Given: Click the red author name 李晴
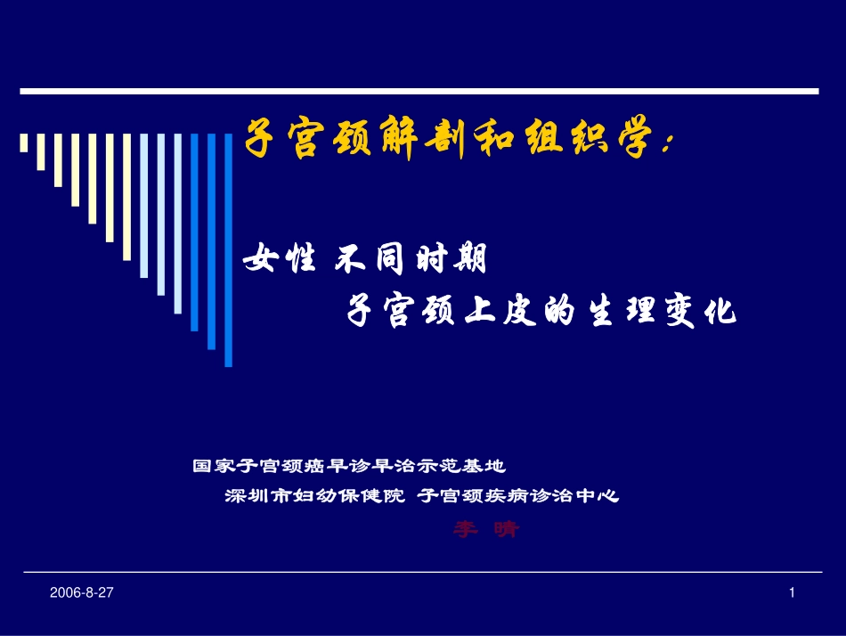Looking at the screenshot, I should (x=485, y=530).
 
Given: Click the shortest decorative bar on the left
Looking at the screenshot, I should (x=24, y=143).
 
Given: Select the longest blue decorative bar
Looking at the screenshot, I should (x=229, y=249).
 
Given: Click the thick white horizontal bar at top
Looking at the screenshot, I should (x=419, y=91).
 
